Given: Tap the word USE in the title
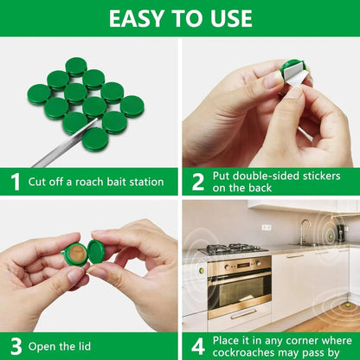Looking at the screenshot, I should coord(228,18).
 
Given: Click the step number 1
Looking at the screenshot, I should coord(15,182).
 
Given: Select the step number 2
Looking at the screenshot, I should coord(198,182).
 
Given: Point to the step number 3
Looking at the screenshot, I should coord(15,345).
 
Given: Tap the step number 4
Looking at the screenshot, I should coord(198,345).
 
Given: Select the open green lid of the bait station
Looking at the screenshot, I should coord(96,252).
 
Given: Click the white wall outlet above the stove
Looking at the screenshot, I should coord(267,227).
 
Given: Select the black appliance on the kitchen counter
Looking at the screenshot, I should coord(343,233).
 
